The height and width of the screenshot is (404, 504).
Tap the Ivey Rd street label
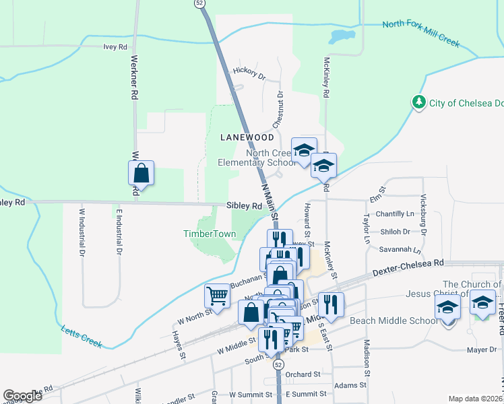[x=115, y=47]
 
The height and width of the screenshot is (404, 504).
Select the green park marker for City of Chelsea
[x=420, y=102]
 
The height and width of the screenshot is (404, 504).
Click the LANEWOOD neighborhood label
[x=247, y=137]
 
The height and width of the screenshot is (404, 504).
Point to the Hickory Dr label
[x=249, y=73]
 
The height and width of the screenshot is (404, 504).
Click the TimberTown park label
[x=210, y=234]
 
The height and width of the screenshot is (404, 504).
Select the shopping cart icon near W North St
[x=217, y=295]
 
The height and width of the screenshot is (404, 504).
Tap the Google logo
[x=22, y=395]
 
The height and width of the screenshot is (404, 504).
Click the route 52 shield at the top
[x=199, y=3]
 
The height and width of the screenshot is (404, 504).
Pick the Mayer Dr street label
[x=482, y=349]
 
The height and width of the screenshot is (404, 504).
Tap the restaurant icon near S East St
[x=330, y=304]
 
